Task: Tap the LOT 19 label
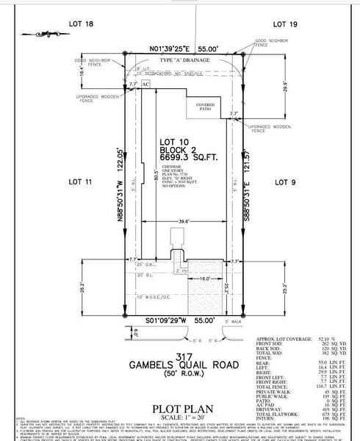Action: (x=284, y=25)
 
